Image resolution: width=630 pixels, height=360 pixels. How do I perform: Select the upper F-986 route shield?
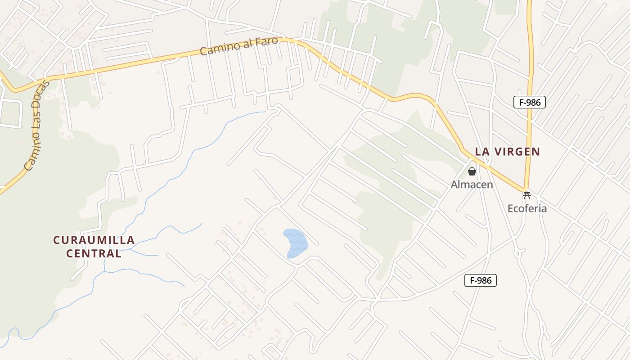point(530,102)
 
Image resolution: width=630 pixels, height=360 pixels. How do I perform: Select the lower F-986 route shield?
point(481,281)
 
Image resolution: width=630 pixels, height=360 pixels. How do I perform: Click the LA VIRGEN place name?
point(507,152)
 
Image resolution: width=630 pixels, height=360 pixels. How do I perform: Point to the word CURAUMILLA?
point(94,240)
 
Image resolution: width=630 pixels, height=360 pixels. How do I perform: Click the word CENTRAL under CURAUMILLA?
point(94,254)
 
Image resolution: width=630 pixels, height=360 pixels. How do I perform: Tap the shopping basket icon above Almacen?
point(472,171)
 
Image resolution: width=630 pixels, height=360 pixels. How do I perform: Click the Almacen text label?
point(472,184)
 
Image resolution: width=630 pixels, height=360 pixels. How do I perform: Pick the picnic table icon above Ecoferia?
point(527,195)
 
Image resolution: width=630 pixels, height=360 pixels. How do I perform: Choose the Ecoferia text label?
point(527,208)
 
